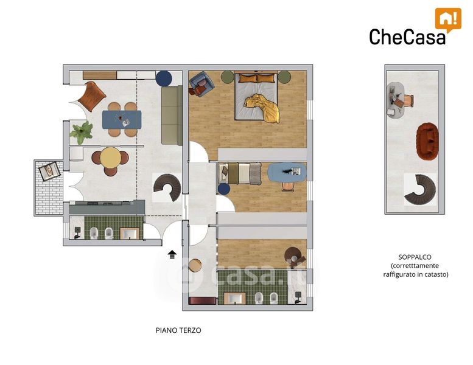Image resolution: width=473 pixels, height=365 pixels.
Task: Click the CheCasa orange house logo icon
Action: click(x=448, y=19)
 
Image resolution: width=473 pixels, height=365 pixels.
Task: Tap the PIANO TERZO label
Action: click(x=178, y=330)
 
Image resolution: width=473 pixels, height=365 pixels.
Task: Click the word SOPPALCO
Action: click(x=415, y=257)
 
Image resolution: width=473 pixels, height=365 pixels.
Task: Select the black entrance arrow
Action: click(x=172, y=254)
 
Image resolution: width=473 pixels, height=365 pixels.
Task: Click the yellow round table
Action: click(x=110, y=158)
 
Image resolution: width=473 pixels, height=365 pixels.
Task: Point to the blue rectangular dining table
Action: click(x=122, y=120)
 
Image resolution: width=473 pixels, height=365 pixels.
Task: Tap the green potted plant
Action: click(x=81, y=133)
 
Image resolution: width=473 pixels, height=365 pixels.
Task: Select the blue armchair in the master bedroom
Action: click(x=201, y=83)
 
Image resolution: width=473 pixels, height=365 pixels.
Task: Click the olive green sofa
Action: click(x=172, y=116)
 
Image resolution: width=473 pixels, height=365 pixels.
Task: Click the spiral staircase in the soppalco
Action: click(x=420, y=190)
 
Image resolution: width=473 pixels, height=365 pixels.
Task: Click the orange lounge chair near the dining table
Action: click(x=92, y=96)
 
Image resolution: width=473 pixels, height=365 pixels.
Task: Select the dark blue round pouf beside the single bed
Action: click(x=224, y=189)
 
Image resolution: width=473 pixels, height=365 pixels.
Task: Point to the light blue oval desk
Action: click(x=287, y=173)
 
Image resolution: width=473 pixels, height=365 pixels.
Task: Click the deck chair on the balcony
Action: click(x=50, y=171)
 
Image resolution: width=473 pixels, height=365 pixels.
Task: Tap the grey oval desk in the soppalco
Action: click(x=395, y=100)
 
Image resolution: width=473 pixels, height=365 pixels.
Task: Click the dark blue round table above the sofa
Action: click(x=164, y=78)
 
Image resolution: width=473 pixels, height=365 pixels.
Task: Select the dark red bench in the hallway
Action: click(x=203, y=301)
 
